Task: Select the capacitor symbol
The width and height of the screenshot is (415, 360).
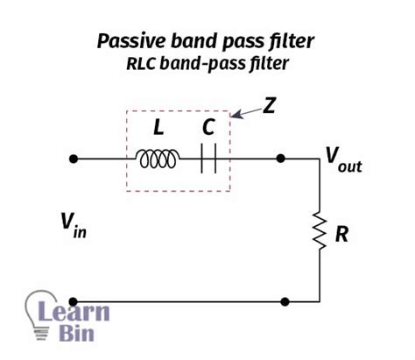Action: coord(207,159)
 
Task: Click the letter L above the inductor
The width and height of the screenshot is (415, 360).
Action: coord(158,128)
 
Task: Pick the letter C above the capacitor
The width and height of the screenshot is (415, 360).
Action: coord(207,128)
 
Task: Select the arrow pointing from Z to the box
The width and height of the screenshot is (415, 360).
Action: coord(249,112)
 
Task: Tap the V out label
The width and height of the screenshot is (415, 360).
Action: coord(343,159)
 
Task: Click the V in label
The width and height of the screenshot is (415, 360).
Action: coord(71,229)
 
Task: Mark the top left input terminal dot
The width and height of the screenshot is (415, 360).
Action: coord(74,159)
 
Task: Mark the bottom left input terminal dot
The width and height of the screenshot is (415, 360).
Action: coord(74,301)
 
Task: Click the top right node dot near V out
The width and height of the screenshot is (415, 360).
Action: coord(280,159)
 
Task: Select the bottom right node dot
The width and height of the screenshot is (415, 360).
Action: coord(285,301)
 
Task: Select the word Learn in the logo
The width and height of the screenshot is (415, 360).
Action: coord(85,311)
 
